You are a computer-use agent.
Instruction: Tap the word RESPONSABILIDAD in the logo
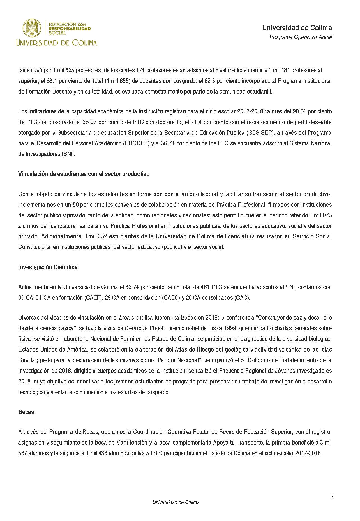[x=70, y=29]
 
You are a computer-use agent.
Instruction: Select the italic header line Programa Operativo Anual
[x=301, y=37]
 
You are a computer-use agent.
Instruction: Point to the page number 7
[x=332, y=497]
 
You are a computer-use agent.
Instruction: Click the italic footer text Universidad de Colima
[x=176, y=502]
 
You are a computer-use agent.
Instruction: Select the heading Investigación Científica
[x=48, y=267]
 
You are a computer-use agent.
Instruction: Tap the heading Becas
[x=26, y=412]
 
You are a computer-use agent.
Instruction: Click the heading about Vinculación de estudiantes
[x=84, y=174]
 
